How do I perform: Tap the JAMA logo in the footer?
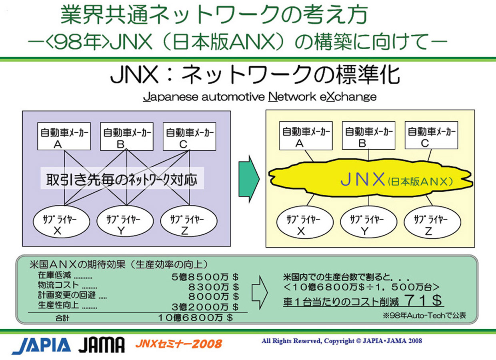101,345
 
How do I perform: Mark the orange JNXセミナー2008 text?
178,343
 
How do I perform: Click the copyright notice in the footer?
342,341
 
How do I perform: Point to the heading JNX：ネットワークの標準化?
255,76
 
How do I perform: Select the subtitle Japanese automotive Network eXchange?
260,97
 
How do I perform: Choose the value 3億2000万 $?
205,307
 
